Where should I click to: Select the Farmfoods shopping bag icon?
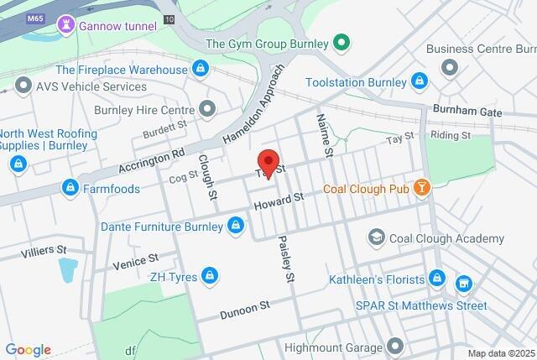70,188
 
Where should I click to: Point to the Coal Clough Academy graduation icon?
376,237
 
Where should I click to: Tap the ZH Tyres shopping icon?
210,274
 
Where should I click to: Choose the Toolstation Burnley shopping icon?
420,81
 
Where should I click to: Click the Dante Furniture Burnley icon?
237,226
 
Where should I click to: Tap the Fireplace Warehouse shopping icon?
200,68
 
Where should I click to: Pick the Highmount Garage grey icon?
395,345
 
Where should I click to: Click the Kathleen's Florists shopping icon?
436,277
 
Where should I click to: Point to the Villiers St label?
44,250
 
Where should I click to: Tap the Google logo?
28,349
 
